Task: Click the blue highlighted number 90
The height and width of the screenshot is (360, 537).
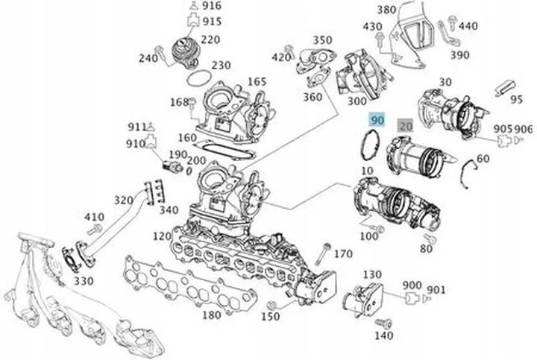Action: tap(377, 119)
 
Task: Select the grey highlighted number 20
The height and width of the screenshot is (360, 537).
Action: tap(406, 126)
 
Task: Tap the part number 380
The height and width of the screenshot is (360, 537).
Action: tap(386, 10)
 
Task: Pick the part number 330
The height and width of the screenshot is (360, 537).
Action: tap(84, 281)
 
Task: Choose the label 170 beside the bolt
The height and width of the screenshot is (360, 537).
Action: tap(342, 254)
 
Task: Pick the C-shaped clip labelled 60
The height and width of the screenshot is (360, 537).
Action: tap(467, 168)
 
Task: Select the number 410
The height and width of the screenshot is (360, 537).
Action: tap(93, 218)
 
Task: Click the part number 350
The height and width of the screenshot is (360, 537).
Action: tap(322, 40)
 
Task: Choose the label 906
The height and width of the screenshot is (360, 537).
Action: tap(524, 128)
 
